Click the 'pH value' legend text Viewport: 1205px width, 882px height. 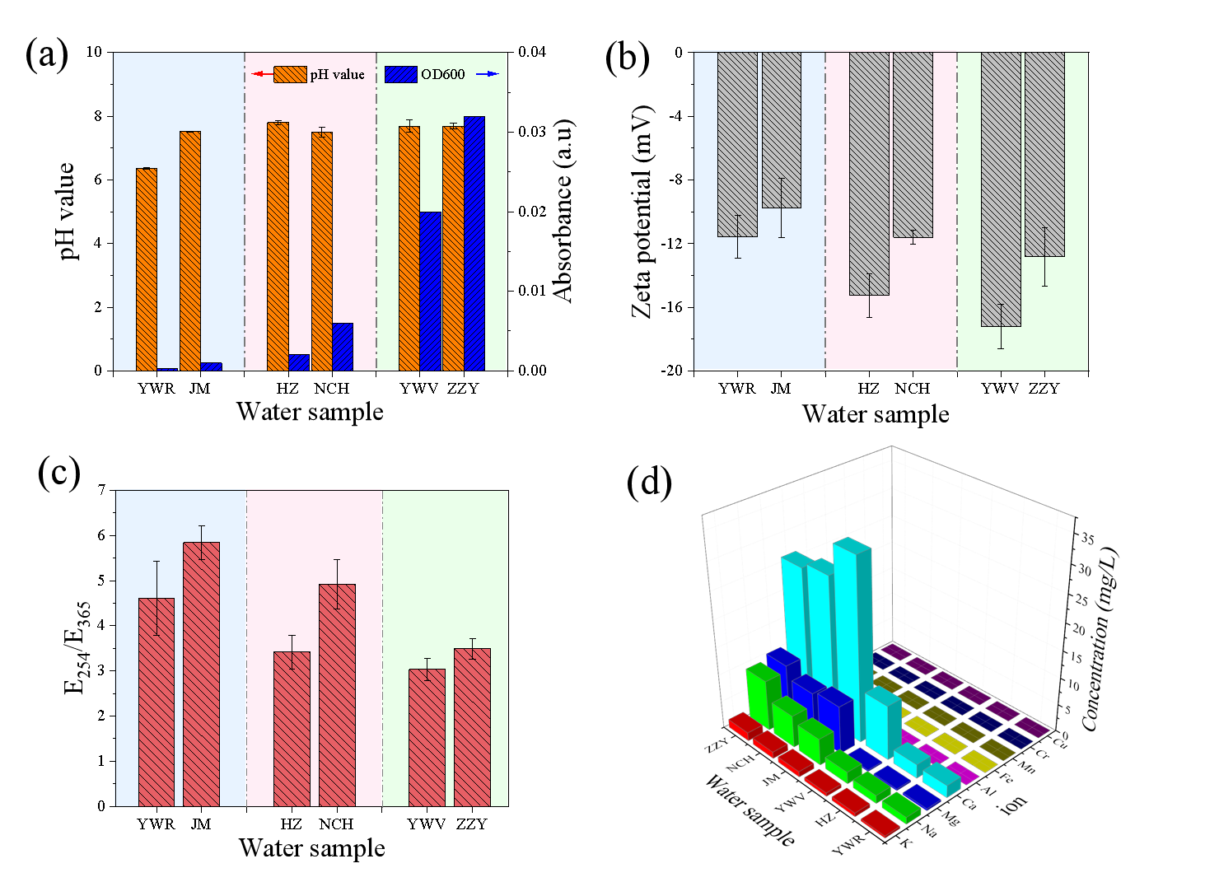click(x=337, y=75)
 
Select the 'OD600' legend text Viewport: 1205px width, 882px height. click(x=442, y=75)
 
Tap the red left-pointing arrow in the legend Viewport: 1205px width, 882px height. click(x=262, y=75)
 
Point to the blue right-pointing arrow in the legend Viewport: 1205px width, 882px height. click(x=488, y=75)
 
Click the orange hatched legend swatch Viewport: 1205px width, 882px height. click(x=290, y=75)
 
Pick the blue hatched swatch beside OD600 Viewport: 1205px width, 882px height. click(x=401, y=75)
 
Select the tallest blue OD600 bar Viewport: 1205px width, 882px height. click(x=474, y=243)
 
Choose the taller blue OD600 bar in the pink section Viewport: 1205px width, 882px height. click(x=342, y=346)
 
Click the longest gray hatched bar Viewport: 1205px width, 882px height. click(x=1001, y=189)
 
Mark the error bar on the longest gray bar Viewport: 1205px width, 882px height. click(x=1001, y=326)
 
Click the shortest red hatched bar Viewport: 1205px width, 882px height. click(x=427, y=737)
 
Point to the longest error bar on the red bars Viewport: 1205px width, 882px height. click(x=156, y=598)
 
